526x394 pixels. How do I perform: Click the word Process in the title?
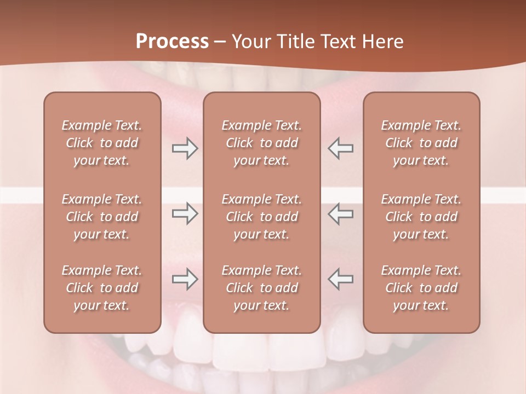[x=172, y=41]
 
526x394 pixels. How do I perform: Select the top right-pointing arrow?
[x=185, y=148]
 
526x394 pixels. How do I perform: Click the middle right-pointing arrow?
[x=185, y=213]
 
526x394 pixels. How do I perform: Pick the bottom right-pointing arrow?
[x=185, y=279]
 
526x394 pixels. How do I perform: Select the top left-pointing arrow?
[x=340, y=148]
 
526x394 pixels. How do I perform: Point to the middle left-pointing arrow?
[x=340, y=213]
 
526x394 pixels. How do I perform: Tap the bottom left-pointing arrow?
[x=340, y=279]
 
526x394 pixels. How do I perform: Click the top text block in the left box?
[x=102, y=143]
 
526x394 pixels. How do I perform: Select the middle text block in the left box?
[x=102, y=217]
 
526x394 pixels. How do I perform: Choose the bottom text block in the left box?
[x=102, y=288]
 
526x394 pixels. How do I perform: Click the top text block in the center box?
[x=261, y=143]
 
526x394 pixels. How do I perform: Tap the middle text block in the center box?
[x=261, y=217]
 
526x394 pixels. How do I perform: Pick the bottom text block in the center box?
[x=261, y=288]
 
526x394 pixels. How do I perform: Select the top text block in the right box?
[x=421, y=143]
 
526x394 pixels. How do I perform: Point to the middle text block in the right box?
[x=421, y=217]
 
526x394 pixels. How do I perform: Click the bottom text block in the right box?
[x=421, y=288]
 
